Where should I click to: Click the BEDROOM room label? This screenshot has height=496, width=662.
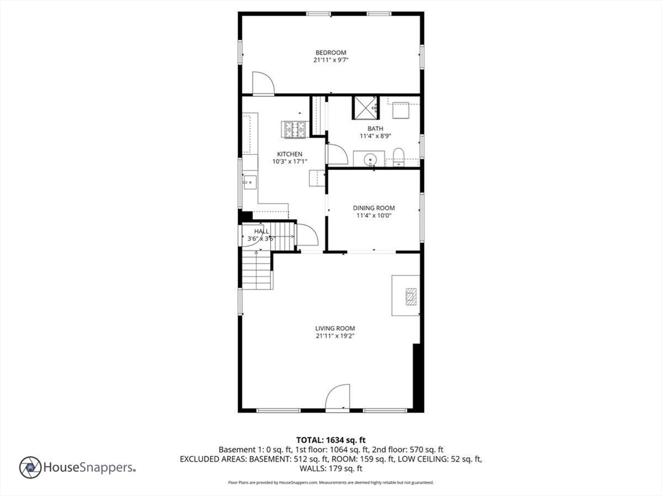tap(330, 53)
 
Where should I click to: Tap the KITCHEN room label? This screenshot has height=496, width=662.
tap(290, 154)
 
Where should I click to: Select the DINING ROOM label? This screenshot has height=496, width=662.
tap(374, 208)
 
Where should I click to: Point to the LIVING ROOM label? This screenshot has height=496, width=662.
tap(335, 328)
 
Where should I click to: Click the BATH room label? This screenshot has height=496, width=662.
tap(376, 129)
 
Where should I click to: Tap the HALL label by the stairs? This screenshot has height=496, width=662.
tap(261, 232)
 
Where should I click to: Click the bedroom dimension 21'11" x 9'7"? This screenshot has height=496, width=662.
tap(330, 60)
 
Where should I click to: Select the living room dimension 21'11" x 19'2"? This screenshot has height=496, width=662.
tap(335, 336)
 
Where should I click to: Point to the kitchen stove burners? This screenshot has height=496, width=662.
tap(295, 129)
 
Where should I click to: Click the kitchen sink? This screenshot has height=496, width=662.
tap(250, 182)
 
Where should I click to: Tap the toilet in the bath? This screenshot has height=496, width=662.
tap(398, 157)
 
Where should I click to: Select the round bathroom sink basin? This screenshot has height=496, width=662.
tap(370, 160)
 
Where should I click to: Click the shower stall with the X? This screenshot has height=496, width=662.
tap(366, 108)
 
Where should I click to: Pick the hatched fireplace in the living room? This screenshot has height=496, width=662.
tap(411, 296)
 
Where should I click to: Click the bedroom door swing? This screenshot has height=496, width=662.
tap(263, 83)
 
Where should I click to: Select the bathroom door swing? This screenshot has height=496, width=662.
tap(337, 154)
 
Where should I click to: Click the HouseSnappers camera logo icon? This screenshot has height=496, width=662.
tap(30, 468)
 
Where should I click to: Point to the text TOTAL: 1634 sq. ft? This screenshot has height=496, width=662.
tap(330, 440)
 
